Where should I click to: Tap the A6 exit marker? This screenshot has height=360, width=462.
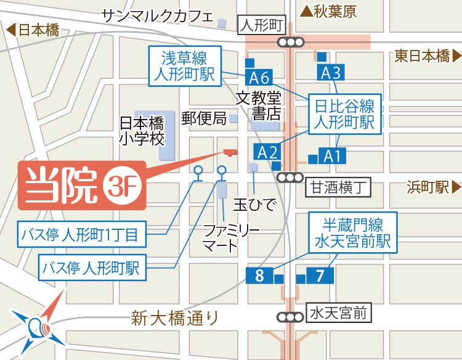click(x=259, y=78)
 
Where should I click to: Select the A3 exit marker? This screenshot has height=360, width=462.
click(x=331, y=73)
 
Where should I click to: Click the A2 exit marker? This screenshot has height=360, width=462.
click(x=268, y=152)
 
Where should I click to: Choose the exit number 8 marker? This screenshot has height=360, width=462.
click(x=259, y=276)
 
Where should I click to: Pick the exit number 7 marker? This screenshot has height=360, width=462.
click(x=320, y=276)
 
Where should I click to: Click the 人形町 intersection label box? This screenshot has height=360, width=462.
click(x=262, y=25)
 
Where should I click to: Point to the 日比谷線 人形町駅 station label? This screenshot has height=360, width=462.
click(x=344, y=113)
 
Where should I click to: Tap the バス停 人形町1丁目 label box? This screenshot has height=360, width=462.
click(x=84, y=235)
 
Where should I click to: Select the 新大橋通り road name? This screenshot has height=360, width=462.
click(x=175, y=319)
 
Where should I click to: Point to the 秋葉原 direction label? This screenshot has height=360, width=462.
click(x=328, y=10)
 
